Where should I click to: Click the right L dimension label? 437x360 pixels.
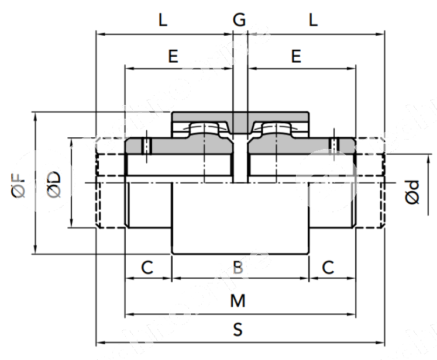click(x=313, y=20)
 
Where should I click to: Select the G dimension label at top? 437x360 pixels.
click(x=239, y=20)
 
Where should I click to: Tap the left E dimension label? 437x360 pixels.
click(x=173, y=56)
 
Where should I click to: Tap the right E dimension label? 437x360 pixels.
click(x=296, y=56)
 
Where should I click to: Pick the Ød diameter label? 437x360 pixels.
click(x=412, y=192)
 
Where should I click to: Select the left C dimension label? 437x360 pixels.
click(x=147, y=267)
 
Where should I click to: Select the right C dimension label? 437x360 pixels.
click(x=329, y=267)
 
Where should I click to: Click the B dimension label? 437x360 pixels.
click(x=238, y=268)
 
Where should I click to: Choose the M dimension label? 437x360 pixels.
click(x=238, y=302)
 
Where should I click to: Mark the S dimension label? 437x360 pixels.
click(x=238, y=330)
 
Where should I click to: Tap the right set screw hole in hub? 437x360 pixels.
click(x=333, y=144)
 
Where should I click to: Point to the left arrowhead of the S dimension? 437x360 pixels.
click(x=99, y=342)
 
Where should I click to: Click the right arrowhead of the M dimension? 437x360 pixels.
click(x=352, y=315)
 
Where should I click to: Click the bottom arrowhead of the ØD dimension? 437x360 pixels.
click(x=71, y=224)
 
